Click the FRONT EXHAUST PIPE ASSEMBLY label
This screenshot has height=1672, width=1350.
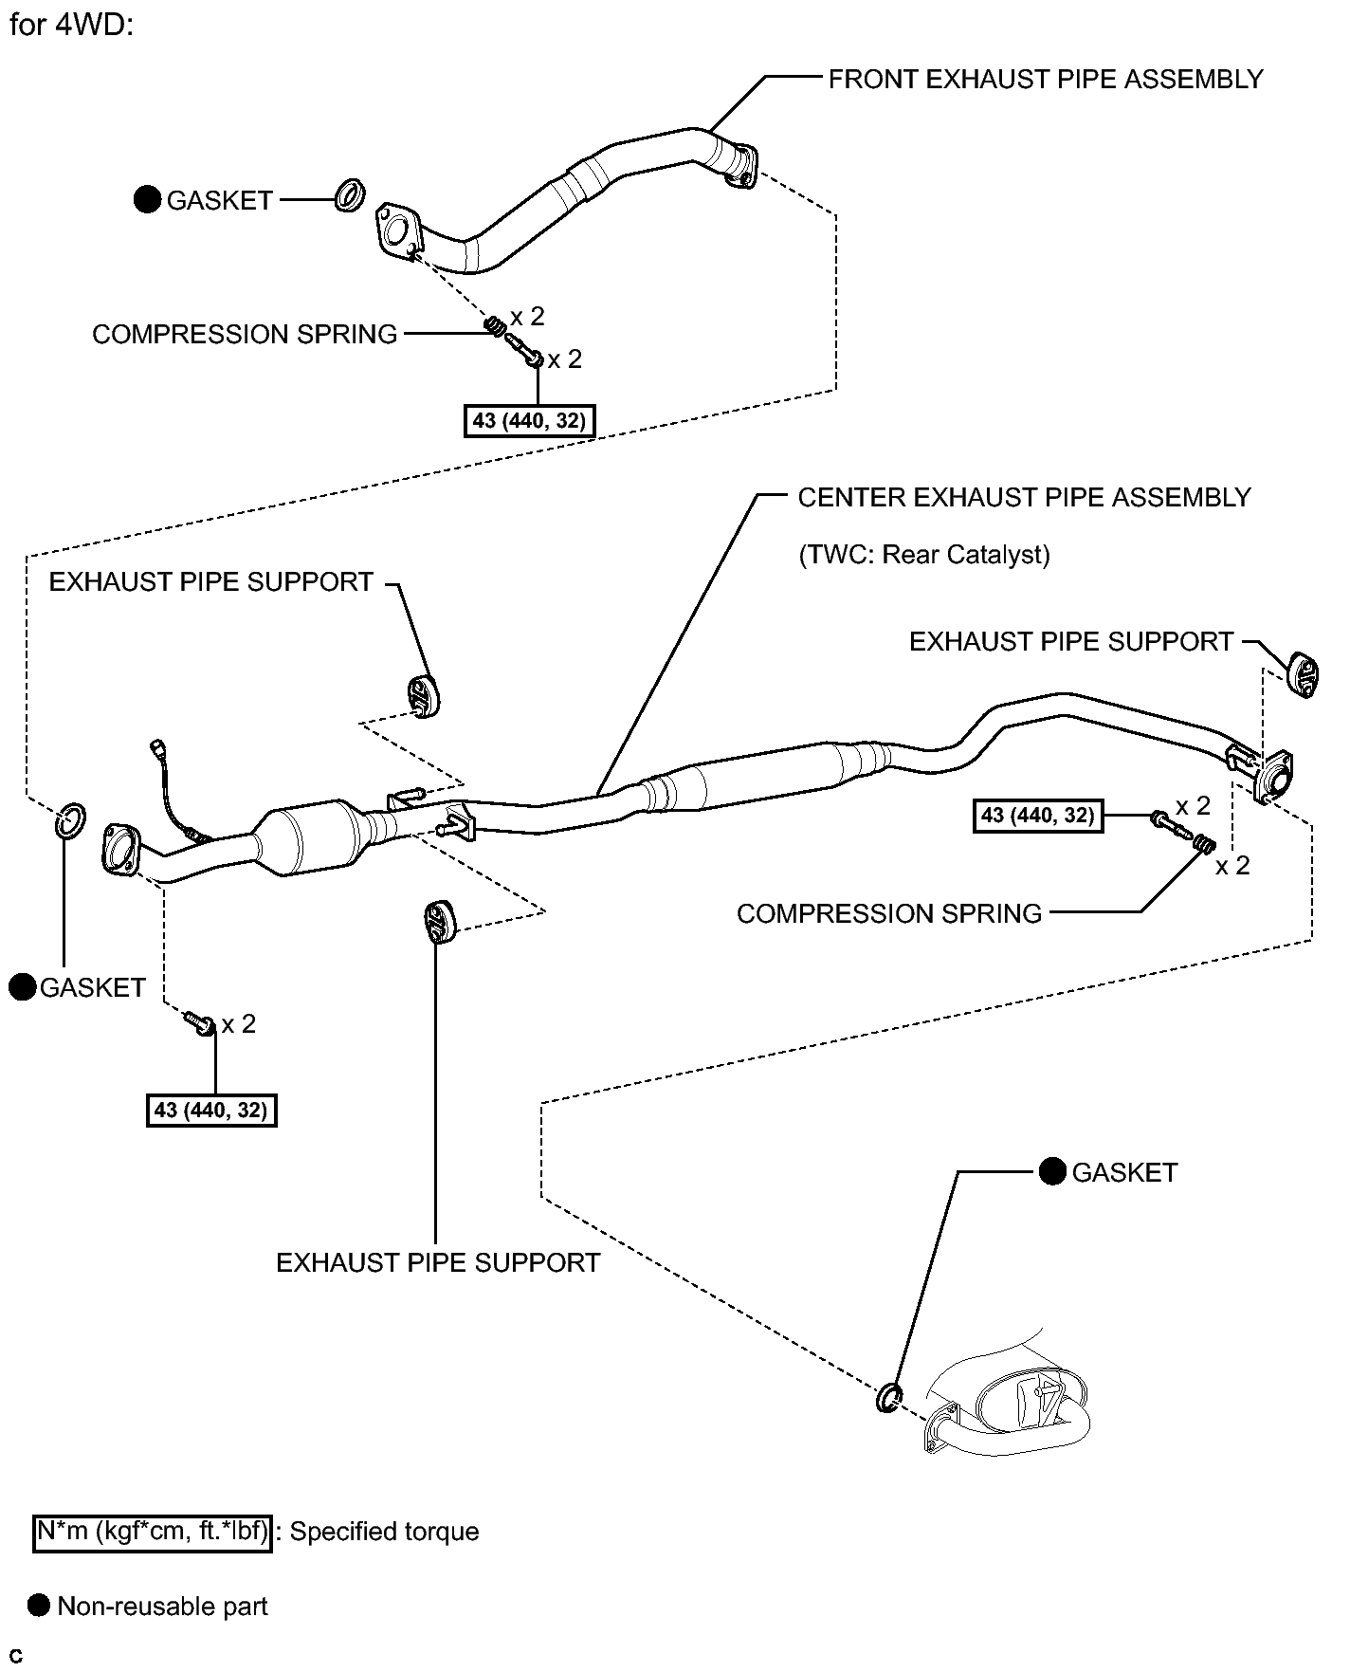[x=1045, y=79]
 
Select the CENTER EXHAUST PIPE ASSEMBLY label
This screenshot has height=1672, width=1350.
[x=1024, y=497]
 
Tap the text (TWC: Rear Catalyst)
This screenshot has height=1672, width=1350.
[x=924, y=554]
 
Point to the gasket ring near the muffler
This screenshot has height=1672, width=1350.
[x=888, y=1397]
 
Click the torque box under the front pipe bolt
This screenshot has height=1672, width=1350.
[x=530, y=420]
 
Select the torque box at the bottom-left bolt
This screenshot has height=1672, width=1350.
[x=211, y=1110]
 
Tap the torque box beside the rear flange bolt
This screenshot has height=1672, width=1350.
[x=1038, y=815]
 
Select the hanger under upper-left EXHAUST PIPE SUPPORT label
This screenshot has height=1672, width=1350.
[x=422, y=696]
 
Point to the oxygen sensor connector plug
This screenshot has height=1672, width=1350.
[x=158, y=749]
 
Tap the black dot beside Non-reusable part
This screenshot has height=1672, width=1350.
[x=39, y=1606]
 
